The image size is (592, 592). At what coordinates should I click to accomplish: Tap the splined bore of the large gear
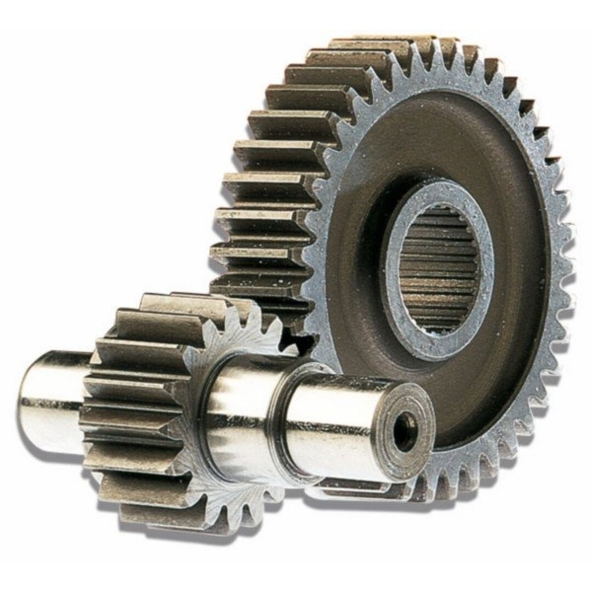pos(439,269)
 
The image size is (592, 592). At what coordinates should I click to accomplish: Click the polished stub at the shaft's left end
pos(47,403)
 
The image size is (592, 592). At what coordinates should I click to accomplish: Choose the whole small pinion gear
pos(175,411)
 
